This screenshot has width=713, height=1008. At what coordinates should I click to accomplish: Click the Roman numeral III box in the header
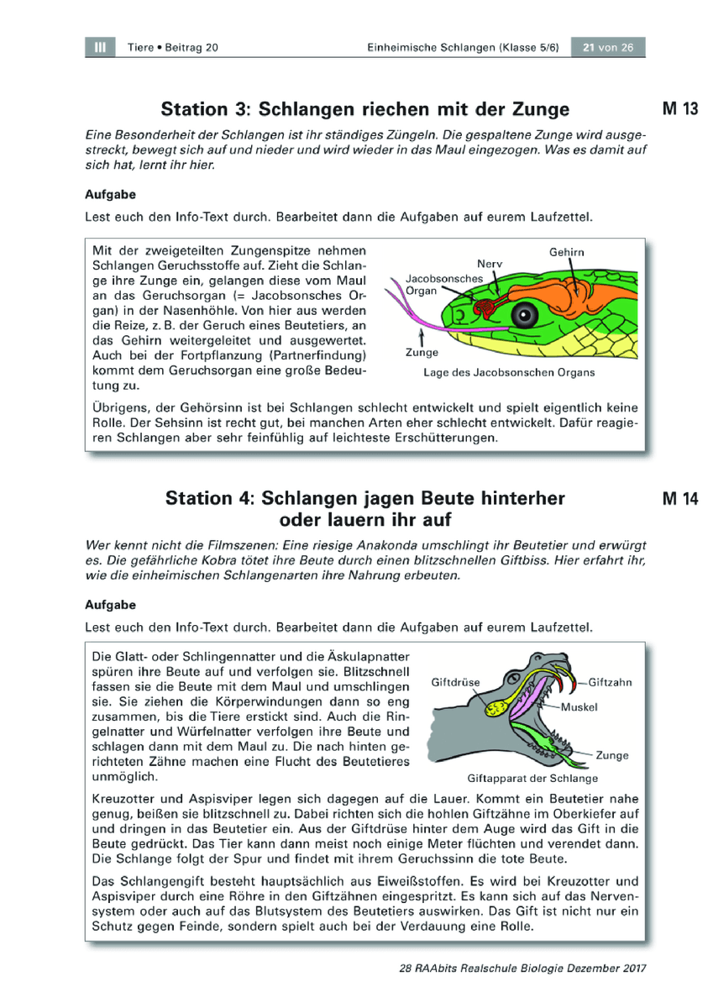pos(100,47)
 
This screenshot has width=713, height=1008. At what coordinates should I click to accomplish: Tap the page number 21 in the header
pos(589,48)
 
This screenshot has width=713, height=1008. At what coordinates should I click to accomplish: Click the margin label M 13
pos(680,109)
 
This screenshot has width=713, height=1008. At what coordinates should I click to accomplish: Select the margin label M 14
pos(680,498)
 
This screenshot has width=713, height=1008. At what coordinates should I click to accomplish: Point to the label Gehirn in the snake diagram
pos(566,252)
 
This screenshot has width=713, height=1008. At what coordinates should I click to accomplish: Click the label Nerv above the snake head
pos(490,264)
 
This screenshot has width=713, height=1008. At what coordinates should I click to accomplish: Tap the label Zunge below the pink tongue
pos(422,352)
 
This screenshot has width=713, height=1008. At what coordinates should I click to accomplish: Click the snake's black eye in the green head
pos(525,314)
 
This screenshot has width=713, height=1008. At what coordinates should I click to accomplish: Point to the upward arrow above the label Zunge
pos(422,337)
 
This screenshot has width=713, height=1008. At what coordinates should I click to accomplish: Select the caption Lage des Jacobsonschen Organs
pos(509,373)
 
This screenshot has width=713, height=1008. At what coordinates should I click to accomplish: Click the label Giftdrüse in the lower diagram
pos(455,682)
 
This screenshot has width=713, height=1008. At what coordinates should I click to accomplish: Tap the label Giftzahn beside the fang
pos(610,682)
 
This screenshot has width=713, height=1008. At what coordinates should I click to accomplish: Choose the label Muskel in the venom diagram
pos(579,707)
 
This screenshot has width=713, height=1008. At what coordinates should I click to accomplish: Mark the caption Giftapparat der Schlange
pos(532,778)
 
